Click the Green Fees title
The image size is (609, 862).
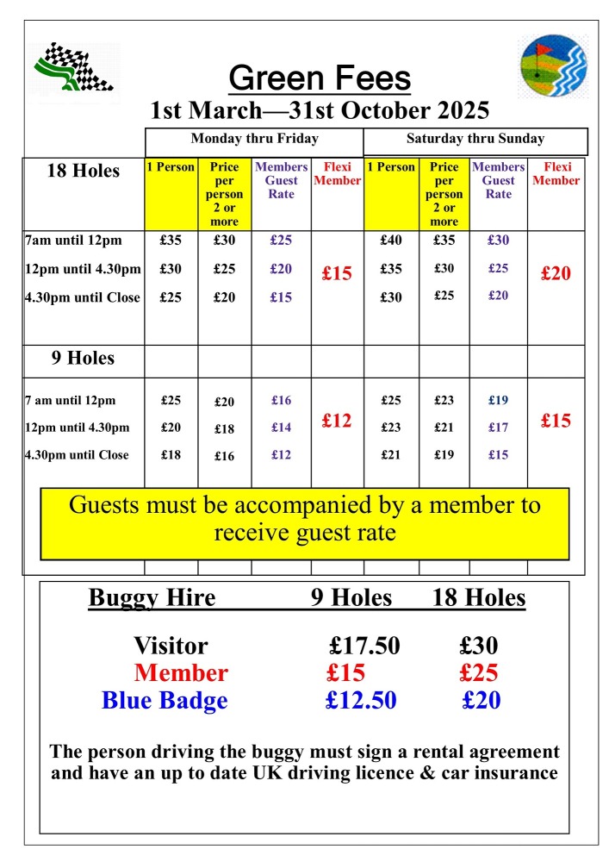pyautogui.click(x=320, y=79)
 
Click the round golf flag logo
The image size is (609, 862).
pyautogui.click(x=554, y=67)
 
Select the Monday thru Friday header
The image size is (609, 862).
pyautogui.click(x=254, y=139)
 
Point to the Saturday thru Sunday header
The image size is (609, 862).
pyautogui.click(x=475, y=139)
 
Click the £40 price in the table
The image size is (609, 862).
pyautogui.click(x=391, y=240)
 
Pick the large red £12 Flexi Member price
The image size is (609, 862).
pyautogui.click(x=337, y=421)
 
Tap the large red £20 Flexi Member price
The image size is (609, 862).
pyautogui.click(x=556, y=274)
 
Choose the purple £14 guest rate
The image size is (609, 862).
pyautogui.click(x=281, y=428)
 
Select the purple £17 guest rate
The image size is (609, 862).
pyautogui.click(x=498, y=428)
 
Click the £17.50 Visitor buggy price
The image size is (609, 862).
pyautogui.click(x=364, y=646)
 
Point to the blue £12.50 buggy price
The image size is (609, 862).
pyautogui.click(x=361, y=700)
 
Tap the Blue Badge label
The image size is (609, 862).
pyautogui.click(x=165, y=700)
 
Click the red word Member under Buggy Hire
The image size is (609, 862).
pyautogui.click(x=181, y=673)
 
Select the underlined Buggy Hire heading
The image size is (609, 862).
pyautogui.click(x=152, y=597)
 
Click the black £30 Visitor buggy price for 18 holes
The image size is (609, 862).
pyautogui.click(x=479, y=646)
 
